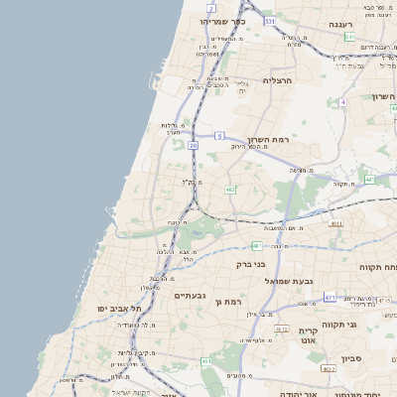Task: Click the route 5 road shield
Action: coord(217,135)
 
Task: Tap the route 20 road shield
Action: coord(193,145)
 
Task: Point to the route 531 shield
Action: coord(270,19)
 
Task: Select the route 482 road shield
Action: coord(230,189)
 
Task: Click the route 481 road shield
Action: coord(256,245)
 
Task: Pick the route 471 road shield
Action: coord(329,296)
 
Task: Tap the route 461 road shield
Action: coord(206,361)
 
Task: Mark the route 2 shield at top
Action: coord(210,7)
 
